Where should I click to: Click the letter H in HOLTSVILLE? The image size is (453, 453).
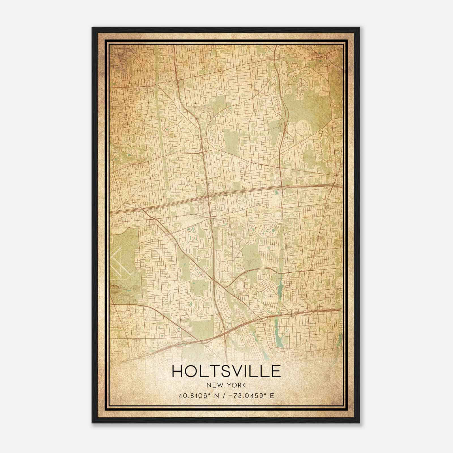tap(178, 371)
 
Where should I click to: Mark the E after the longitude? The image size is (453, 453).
tap(272, 396)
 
